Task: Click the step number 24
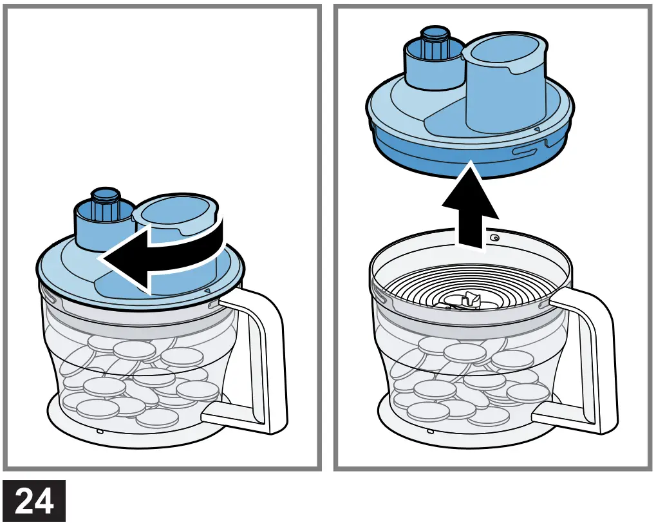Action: pyautogui.click(x=33, y=501)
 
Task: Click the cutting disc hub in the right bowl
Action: pyautogui.click(x=469, y=299)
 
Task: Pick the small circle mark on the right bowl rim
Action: pyautogui.click(x=494, y=238)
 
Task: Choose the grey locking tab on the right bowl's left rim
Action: pyautogui.click(x=378, y=296)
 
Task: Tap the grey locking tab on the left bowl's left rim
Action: pyautogui.click(x=48, y=296)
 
